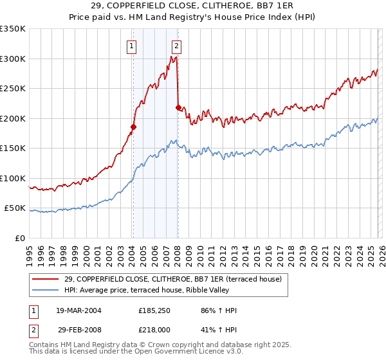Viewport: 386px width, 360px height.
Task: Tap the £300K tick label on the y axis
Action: coord(13,59)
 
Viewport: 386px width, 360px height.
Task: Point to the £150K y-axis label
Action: coord(13,148)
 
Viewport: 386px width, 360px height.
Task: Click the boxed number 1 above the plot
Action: coord(131,46)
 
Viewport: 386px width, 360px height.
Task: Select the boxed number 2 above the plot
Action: coord(176,46)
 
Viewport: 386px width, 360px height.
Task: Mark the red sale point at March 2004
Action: coord(133,127)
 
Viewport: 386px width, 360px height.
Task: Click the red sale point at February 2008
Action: coord(178,107)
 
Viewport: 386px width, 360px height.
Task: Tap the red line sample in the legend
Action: coord(45,278)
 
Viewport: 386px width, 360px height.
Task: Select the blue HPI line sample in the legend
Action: coord(45,289)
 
